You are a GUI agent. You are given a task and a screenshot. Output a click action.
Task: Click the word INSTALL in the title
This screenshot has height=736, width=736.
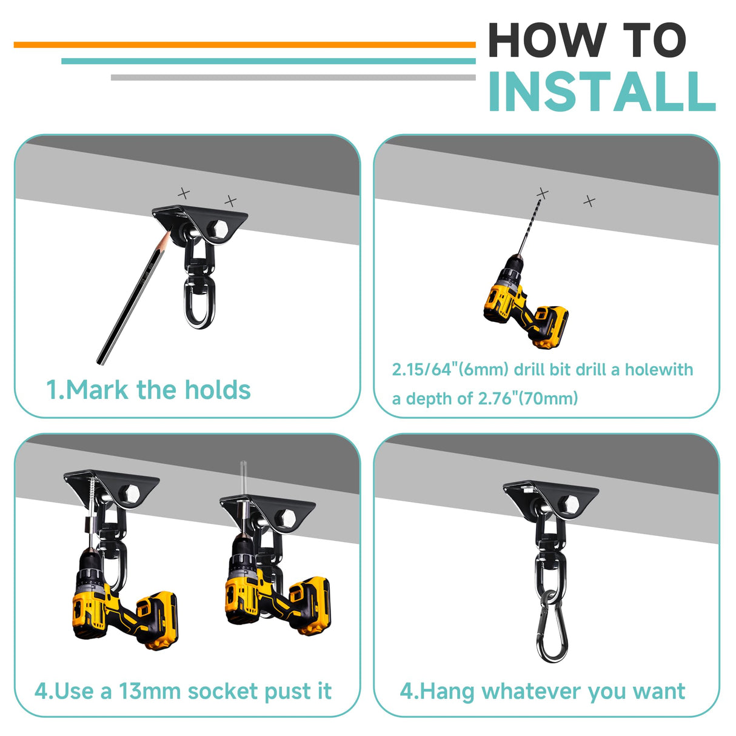tap(603, 92)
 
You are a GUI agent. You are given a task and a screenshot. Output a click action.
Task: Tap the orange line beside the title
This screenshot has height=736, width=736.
tap(244, 45)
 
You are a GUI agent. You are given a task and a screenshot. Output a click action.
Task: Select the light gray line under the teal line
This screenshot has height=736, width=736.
tap(293, 77)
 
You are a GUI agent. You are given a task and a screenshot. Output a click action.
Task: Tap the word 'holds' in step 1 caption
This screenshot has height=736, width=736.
tap(218, 390)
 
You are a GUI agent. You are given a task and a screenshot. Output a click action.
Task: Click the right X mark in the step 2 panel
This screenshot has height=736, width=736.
tap(590, 201)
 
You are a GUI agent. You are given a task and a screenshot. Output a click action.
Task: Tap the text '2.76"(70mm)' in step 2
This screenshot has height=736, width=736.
tap(528, 399)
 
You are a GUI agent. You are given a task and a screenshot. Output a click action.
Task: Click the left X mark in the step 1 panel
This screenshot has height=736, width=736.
tap(184, 193)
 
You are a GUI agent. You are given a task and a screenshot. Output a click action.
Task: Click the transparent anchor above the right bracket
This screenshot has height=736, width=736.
tap(243, 481)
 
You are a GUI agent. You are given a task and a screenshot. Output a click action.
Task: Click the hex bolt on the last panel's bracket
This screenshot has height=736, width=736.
tap(570, 504)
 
